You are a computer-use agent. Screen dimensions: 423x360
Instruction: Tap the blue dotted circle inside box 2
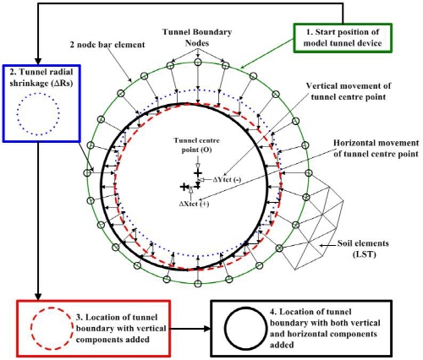[x=38, y=93]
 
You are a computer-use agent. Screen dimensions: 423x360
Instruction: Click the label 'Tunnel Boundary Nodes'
[x=197, y=37]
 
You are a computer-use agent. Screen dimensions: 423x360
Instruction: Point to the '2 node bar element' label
[x=107, y=45]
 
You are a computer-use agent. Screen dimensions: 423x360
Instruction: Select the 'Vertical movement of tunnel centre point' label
[x=349, y=91]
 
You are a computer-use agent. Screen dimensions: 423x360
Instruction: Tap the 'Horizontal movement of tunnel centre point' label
[x=376, y=148]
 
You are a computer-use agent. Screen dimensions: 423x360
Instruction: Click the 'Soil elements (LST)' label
[x=363, y=248]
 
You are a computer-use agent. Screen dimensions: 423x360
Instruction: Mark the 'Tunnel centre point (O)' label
[x=196, y=145]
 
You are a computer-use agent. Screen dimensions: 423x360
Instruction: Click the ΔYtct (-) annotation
[x=227, y=180]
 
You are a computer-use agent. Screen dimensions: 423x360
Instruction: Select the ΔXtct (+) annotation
[x=194, y=204]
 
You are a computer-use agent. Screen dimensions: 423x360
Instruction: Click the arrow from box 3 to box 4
[x=191, y=329]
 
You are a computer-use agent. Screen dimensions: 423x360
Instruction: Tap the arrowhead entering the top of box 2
[x=38, y=62]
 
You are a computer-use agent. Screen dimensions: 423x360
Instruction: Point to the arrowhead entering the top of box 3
[x=38, y=297]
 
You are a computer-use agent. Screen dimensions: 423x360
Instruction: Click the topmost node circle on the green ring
[x=198, y=62]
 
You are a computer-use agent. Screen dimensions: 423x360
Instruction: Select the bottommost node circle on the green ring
[x=198, y=282]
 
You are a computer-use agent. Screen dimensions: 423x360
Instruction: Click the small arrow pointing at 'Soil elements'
[x=327, y=246]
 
